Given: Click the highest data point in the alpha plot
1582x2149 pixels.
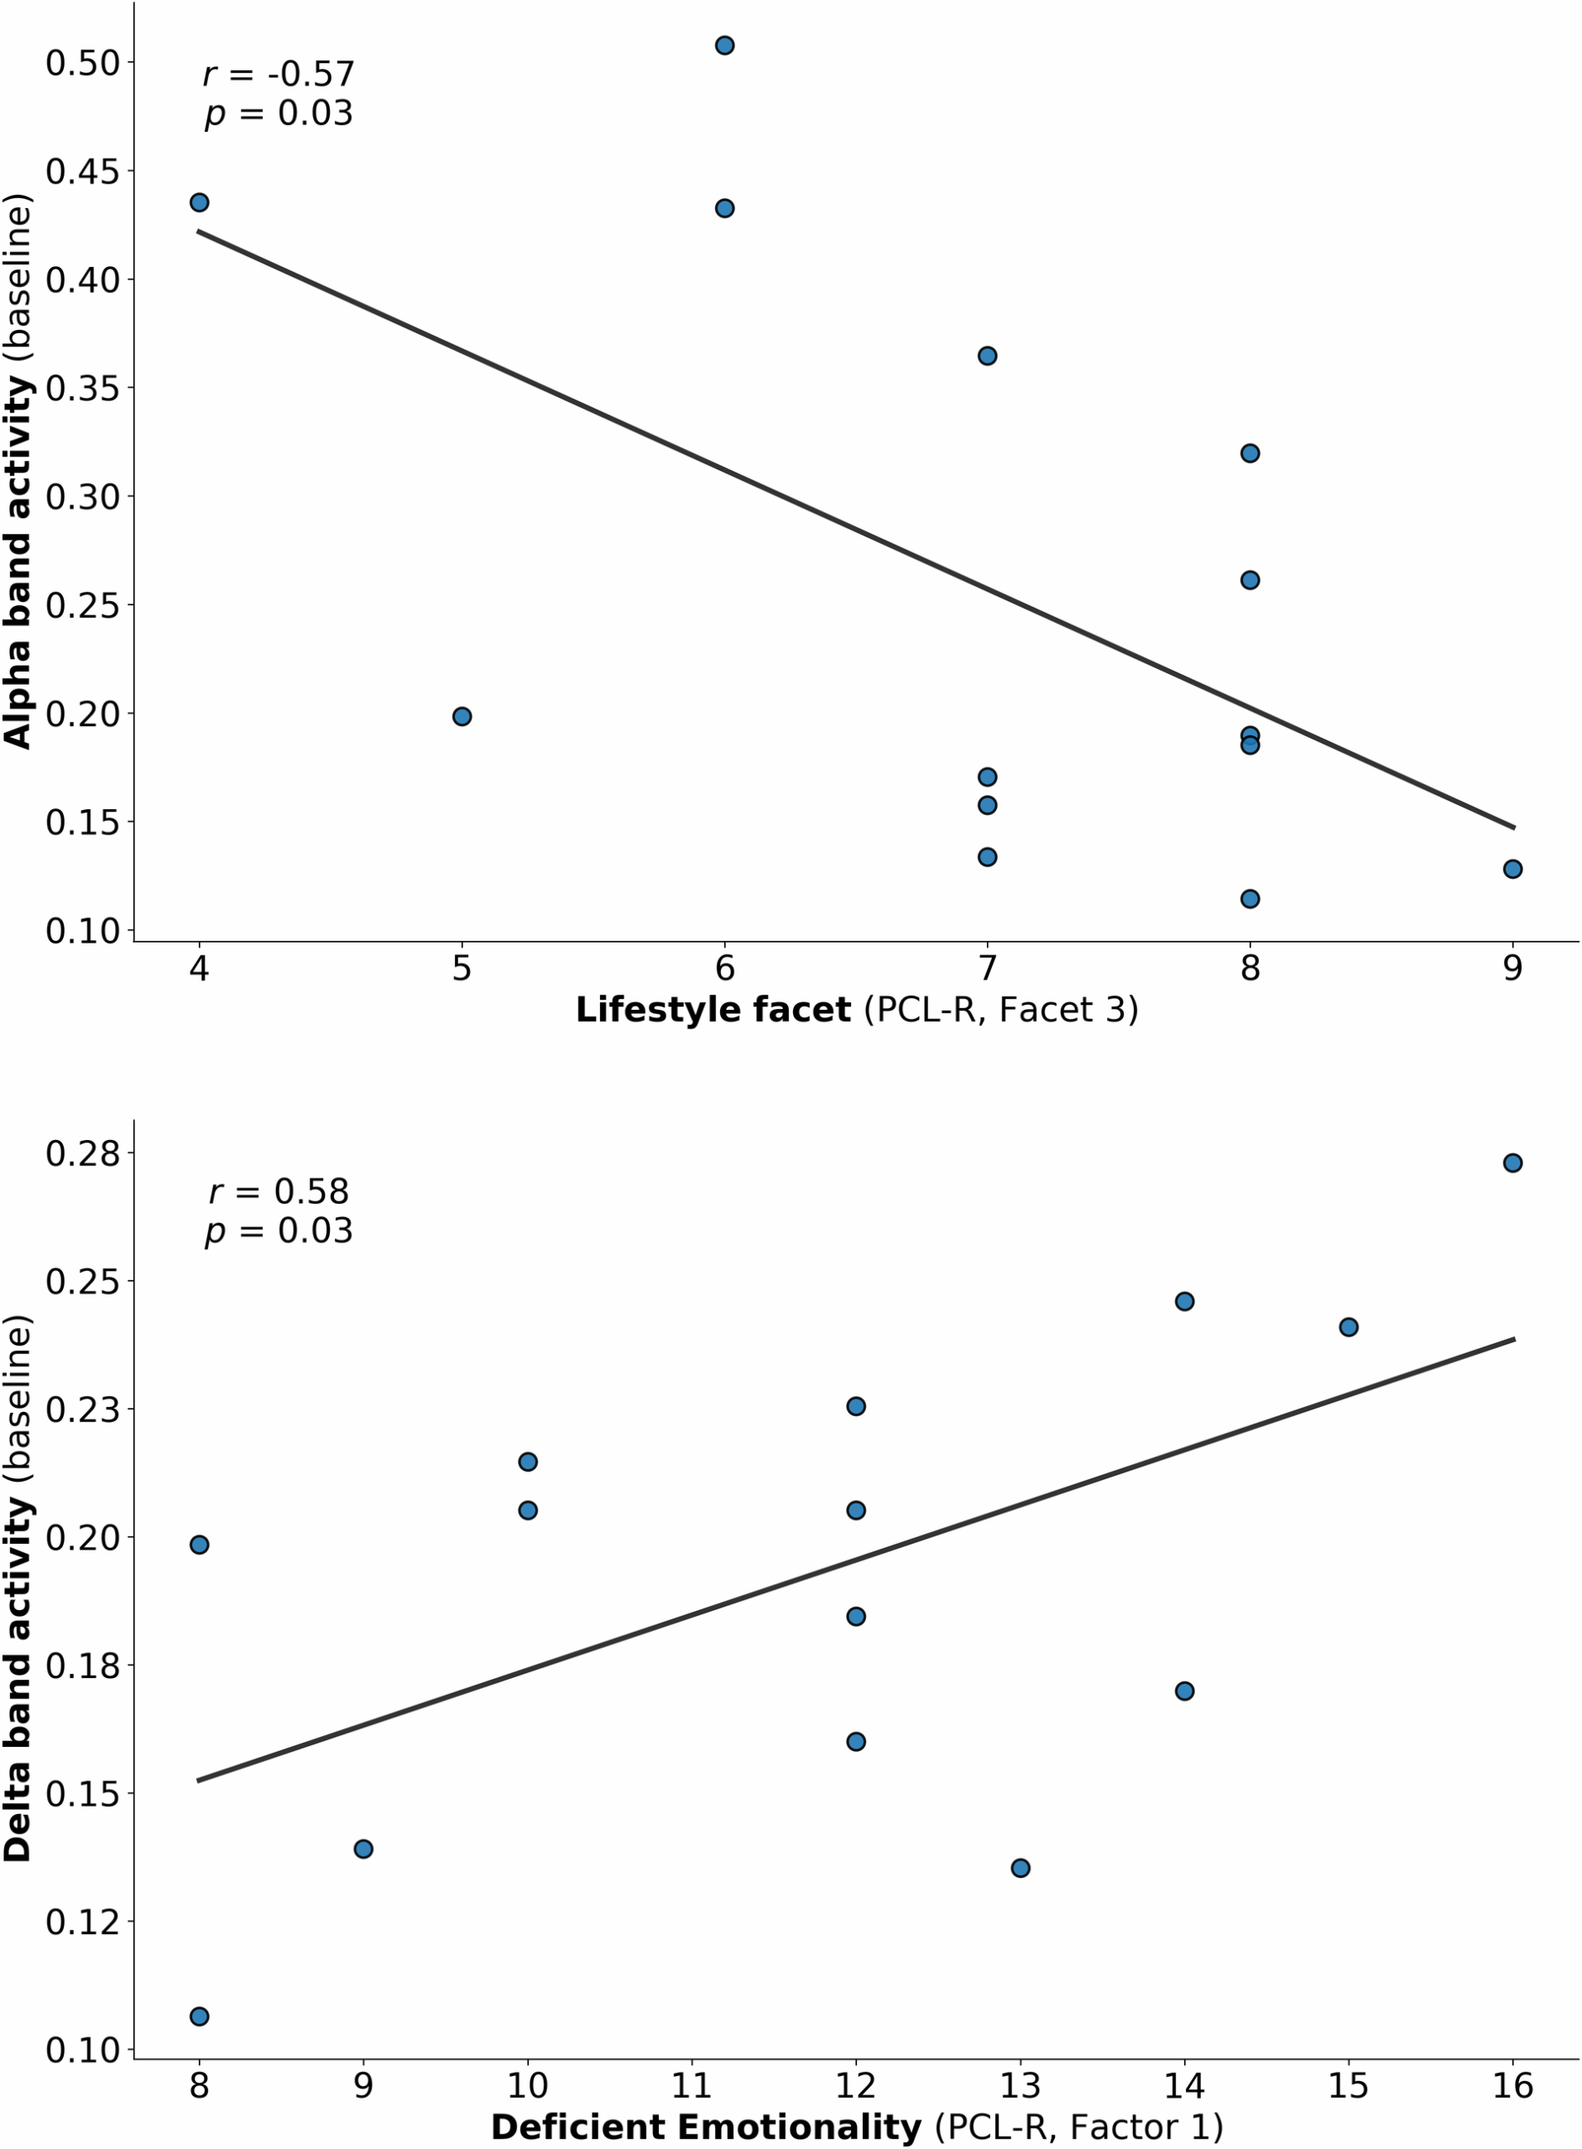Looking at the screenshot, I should [725, 45].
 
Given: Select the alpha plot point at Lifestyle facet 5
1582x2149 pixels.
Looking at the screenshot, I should [462, 716].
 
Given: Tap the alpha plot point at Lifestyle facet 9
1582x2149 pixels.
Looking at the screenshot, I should [1513, 869].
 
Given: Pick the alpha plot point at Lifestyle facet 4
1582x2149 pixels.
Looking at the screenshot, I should [199, 202].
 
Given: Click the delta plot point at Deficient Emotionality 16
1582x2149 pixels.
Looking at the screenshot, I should [1513, 1163].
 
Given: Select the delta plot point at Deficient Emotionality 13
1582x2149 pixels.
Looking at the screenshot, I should [1021, 1868].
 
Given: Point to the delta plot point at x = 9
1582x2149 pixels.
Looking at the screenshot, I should [363, 1848].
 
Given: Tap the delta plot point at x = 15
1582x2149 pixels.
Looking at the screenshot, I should [1349, 1326].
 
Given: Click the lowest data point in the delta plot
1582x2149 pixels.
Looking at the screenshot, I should [199, 2016].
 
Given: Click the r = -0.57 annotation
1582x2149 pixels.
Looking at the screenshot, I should [279, 74].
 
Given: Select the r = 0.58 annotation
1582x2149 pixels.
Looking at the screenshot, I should [279, 1191].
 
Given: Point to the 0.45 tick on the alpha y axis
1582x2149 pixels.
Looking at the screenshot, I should [82, 171].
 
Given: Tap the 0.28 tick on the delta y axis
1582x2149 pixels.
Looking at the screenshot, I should [82, 1153].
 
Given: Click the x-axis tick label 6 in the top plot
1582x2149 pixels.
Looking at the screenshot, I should [725, 968].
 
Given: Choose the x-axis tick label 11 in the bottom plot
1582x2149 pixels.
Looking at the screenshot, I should [692, 2086].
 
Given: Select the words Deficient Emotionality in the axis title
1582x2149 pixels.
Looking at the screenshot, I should [706, 2127].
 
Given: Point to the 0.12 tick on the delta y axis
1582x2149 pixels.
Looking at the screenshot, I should [82, 1921].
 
